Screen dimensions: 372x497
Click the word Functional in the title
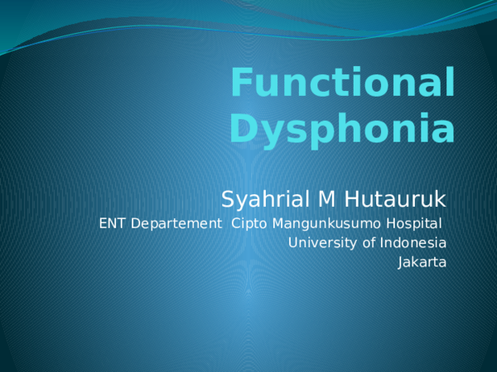[x=342, y=85]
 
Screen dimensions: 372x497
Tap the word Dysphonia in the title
[x=342, y=129]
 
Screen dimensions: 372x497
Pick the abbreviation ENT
[x=110, y=223]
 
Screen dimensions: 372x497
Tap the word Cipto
[x=246, y=224]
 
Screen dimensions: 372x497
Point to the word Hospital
[x=416, y=223]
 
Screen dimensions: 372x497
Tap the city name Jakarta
[x=422, y=263]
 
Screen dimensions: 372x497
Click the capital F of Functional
[x=240, y=83]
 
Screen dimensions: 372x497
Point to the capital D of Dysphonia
[x=241, y=128]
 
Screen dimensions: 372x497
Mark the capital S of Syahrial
[x=228, y=199]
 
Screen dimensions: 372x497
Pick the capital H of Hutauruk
[x=339, y=199]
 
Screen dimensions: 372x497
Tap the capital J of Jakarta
[x=401, y=263]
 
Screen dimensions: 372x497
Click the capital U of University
[x=293, y=243]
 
